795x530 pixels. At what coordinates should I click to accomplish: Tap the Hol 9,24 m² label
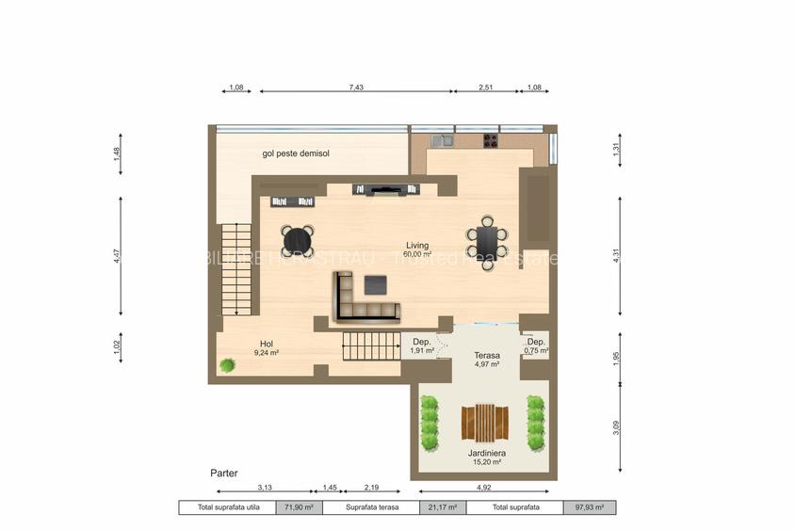266,348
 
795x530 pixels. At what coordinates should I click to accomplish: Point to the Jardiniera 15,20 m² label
485,458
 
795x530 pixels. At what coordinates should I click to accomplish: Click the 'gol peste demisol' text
296,153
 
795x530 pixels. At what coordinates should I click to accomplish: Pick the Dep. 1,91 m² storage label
422,345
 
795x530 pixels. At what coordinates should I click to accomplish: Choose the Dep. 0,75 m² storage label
536,345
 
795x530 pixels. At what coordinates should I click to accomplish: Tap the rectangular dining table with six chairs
487,243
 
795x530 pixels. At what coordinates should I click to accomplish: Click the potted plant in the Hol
227,365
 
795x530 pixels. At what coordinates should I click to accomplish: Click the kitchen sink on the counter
443,141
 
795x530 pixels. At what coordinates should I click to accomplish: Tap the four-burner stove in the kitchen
491,141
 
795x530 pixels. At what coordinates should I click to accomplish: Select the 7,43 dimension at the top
355,87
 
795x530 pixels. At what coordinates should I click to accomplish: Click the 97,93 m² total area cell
590,507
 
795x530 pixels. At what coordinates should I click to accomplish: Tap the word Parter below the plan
223,473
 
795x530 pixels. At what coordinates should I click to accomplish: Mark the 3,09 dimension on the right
616,426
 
